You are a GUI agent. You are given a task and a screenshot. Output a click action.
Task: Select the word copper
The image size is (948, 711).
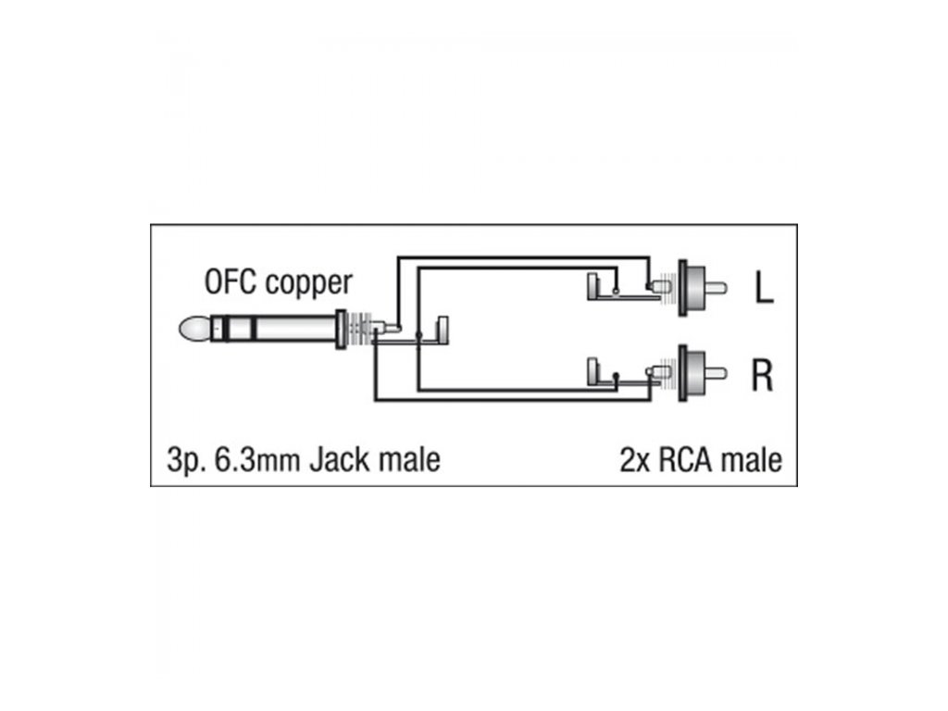coord(308,283)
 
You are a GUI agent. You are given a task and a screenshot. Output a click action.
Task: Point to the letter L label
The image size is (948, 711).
coord(762,290)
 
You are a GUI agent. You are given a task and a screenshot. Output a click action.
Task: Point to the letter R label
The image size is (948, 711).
coord(762,376)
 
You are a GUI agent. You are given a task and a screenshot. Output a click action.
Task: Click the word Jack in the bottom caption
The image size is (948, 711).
coord(338,458)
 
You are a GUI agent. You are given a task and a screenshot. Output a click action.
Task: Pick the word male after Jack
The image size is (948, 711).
coord(407,458)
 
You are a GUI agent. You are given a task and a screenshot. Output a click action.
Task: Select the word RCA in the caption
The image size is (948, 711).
coord(689,458)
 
